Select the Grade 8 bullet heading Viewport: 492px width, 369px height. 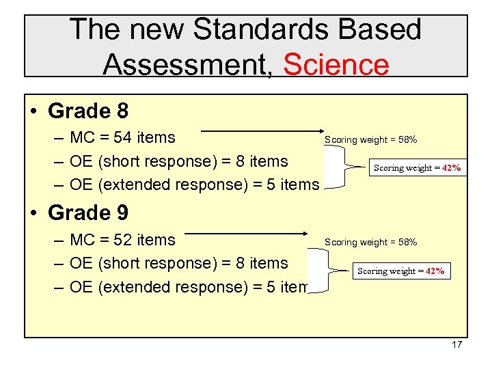pyautogui.click(x=88, y=111)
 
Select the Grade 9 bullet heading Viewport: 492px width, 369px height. pyautogui.click(x=88, y=213)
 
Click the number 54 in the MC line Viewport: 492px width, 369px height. pyautogui.click(x=124, y=137)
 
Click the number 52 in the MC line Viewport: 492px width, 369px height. pyautogui.click(x=124, y=240)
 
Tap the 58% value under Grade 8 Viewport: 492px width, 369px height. pyautogui.click(x=407, y=140)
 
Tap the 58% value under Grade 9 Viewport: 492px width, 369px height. pyautogui.click(x=407, y=242)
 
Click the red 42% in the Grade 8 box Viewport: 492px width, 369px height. pyautogui.click(x=451, y=168)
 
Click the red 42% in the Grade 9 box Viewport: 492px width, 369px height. pyautogui.click(x=435, y=271)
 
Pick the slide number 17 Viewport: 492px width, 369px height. pyautogui.click(x=456, y=344)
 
